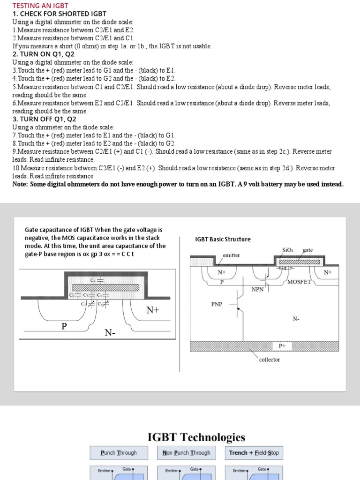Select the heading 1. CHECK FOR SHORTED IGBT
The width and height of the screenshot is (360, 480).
pyautogui.click(x=59, y=14)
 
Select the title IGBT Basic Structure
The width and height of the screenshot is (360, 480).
pyautogui.click(x=223, y=239)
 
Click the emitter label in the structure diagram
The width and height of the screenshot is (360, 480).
pyautogui.click(x=231, y=255)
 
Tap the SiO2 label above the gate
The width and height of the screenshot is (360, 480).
pyautogui.click(x=287, y=250)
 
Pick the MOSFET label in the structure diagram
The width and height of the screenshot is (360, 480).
pyautogui.click(x=299, y=282)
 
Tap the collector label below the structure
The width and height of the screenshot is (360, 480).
pyautogui.click(x=269, y=360)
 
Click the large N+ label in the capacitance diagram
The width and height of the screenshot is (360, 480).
pyautogui.click(x=154, y=310)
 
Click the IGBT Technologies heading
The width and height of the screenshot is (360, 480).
pyautogui.click(x=196, y=437)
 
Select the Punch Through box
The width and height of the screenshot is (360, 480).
pyautogui.click(x=119, y=453)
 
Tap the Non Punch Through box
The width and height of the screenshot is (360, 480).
pyautogui.click(x=186, y=453)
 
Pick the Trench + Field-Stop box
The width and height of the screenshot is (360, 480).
pyautogui.click(x=254, y=453)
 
